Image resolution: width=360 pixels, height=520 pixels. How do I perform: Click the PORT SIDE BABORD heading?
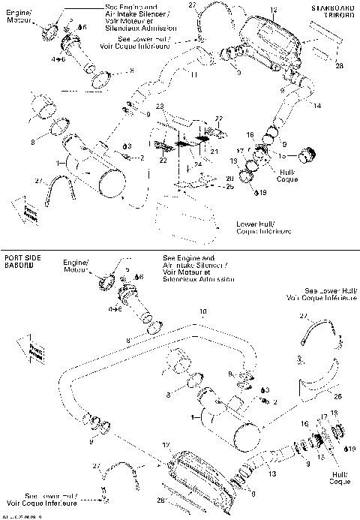click(x=21, y=261)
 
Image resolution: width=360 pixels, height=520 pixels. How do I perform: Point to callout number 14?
click(x=317, y=106)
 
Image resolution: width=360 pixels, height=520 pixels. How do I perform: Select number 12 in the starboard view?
click(x=273, y=10)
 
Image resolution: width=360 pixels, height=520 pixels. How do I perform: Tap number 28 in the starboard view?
click(x=339, y=67)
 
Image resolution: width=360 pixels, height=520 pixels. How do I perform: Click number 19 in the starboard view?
click(x=263, y=193)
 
